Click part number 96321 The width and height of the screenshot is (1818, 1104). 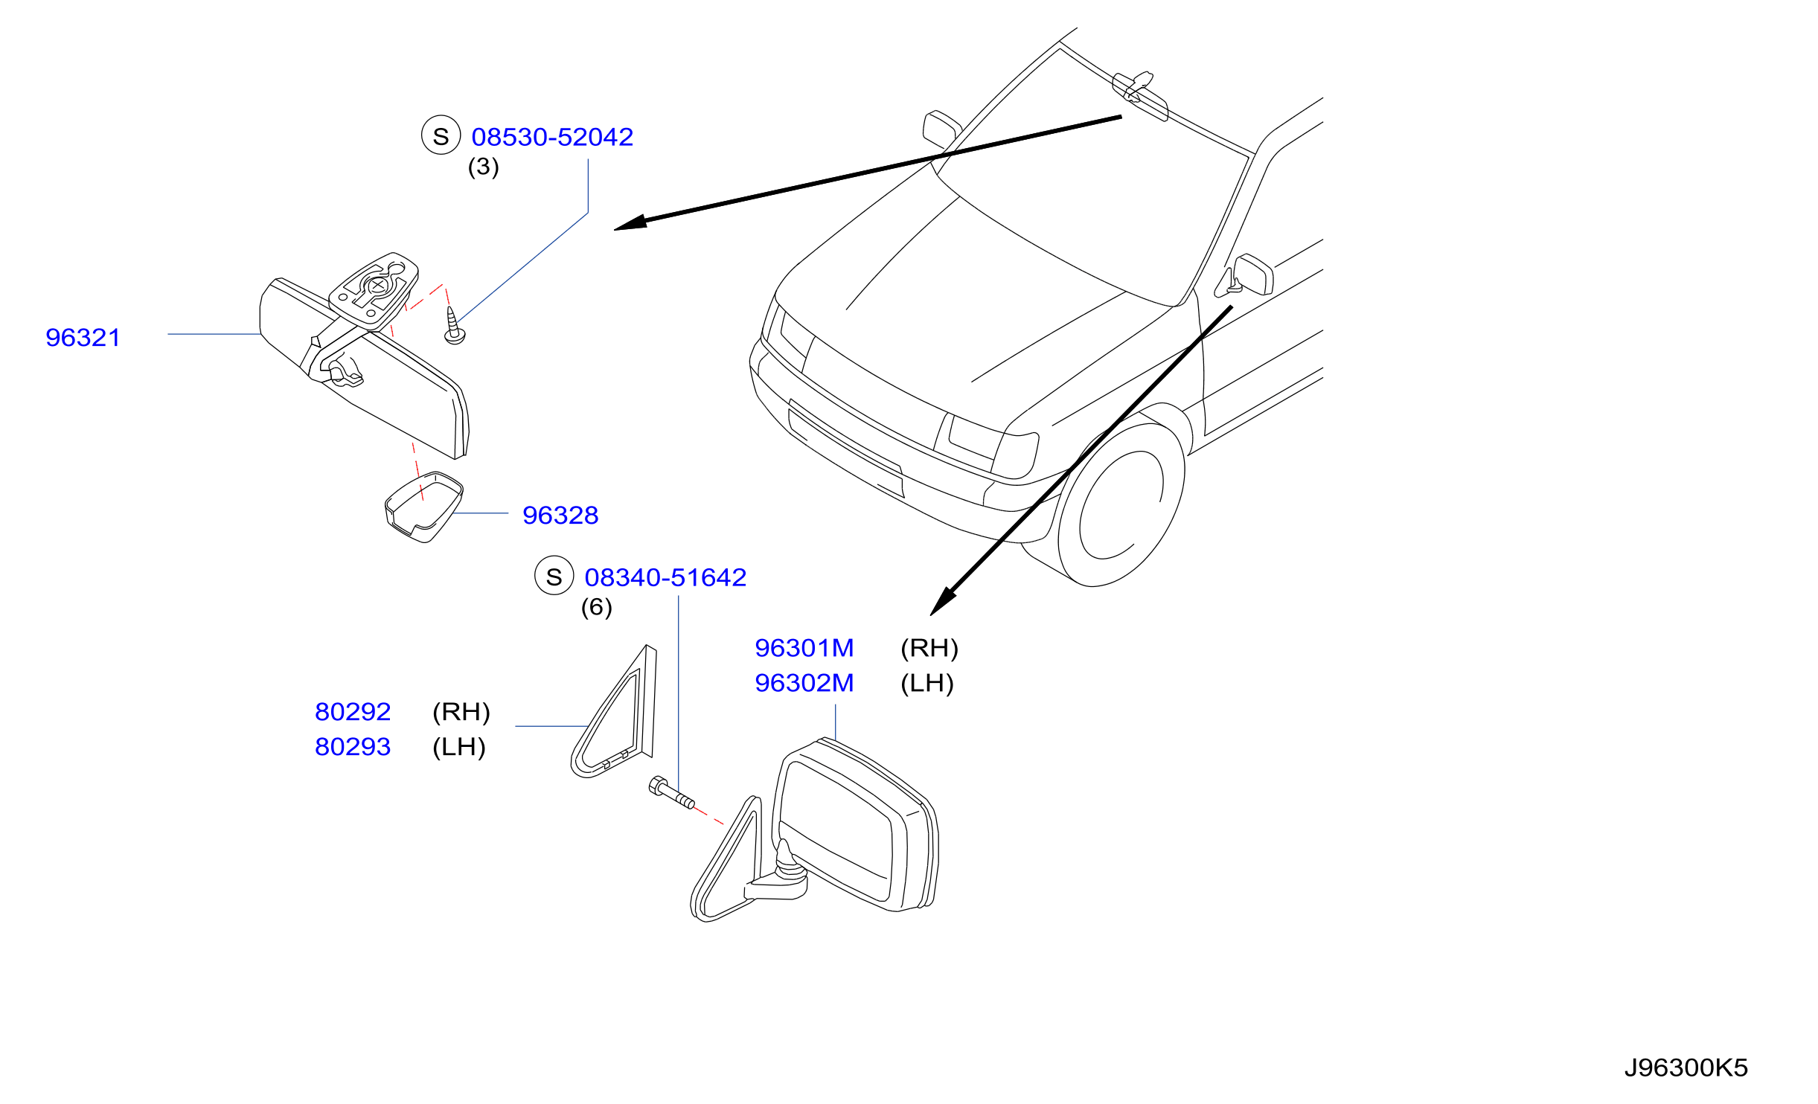(83, 338)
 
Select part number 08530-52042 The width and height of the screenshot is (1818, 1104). (552, 137)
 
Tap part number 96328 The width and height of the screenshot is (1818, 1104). (560, 515)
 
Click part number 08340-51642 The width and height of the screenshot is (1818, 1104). (665, 577)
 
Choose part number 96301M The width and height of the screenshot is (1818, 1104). (804, 648)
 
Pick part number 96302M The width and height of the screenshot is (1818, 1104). (804, 683)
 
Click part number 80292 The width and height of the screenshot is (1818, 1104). (353, 712)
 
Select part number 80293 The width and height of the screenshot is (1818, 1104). (353, 747)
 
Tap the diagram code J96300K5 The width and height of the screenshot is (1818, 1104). (1686, 1068)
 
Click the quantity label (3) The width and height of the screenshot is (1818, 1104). (484, 167)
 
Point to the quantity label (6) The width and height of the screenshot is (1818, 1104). (597, 607)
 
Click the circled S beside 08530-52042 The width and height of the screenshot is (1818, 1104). (441, 135)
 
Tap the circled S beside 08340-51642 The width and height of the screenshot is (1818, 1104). (554, 576)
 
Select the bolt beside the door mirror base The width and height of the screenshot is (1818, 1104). (671, 792)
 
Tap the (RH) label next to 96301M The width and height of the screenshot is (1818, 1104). (929, 648)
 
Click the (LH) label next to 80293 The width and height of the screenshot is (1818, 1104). (459, 747)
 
